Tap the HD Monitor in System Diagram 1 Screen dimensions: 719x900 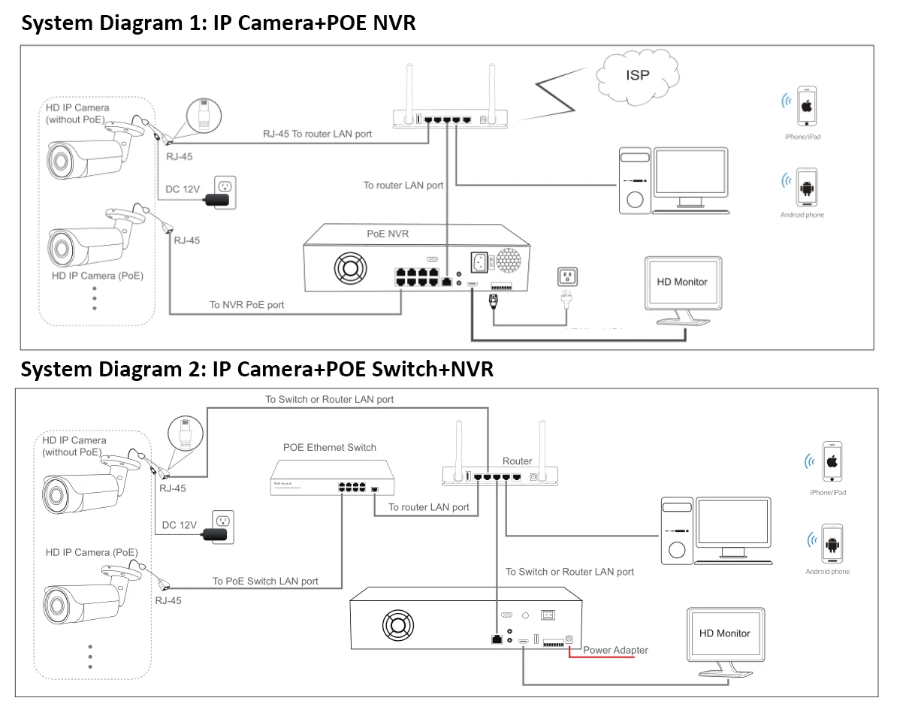click(x=682, y=282)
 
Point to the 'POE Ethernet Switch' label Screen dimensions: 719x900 click(x=330, y=448)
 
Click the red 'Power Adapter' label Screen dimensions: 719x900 click(x=615, y=650)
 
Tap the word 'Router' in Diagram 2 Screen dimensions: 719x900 click(x=517, y=461)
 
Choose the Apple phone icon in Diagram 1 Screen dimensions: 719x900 click(x=805, y=106)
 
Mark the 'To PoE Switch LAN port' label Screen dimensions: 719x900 click(x=265, y=581)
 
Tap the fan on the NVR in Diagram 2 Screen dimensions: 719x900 click(x=399, y=625)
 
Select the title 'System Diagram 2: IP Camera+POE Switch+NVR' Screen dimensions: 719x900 click(x=257, y=370)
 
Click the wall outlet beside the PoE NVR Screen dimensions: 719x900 click(x=566, y=277)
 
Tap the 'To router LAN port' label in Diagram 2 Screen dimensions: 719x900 click(x=428, y=507)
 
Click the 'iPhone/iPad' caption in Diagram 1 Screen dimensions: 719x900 click(x=803, y=138)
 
